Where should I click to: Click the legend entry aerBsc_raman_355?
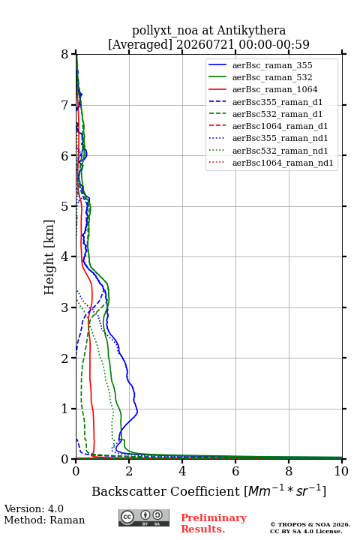[x=272, y=65]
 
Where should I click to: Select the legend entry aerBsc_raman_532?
[x=272, y=77]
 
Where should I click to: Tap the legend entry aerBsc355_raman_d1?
[x=277, y=102]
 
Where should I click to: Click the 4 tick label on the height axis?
[x=64, y=256]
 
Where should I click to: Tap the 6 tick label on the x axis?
[x=235, y=471]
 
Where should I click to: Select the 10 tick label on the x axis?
[x=341, y=471]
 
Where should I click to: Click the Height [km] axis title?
[x=49, y=257]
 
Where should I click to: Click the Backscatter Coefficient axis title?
[x=208, y=490]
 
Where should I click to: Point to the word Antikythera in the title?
[x=251, y=30]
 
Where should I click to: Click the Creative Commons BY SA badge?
[x=144, y=517]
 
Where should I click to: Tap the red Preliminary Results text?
[x=214, y=523]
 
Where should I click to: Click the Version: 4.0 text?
[x=34, y=508]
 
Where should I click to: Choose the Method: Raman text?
[x=44, y=520]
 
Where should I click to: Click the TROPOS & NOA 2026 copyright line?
[x=310, y=524]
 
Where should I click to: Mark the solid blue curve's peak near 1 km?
[x=137, y=411]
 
